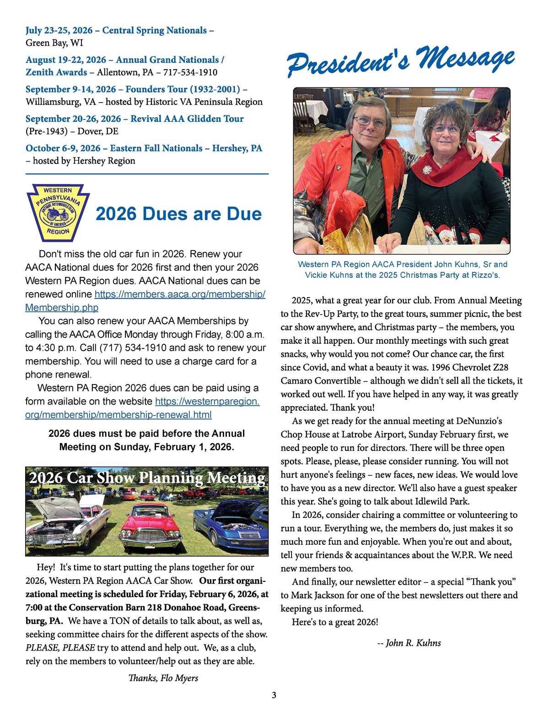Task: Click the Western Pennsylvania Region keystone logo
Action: tap(58, 213)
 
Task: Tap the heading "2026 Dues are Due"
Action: tap(178, 214)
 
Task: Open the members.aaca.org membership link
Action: tap(145, 301)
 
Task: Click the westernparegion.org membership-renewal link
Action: tap(142, 408)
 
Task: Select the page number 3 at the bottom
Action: tap(274, 695)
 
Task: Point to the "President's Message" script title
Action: tap(401, 62)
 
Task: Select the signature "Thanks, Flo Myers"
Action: tap(163, 678)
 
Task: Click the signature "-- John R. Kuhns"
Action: tap(409, 643)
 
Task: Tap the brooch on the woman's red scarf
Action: tap(426, 170)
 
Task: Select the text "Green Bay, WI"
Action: tap(54, 43)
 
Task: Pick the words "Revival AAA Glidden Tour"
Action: tap(187, 119)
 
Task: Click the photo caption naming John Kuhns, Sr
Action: tap(402, 270)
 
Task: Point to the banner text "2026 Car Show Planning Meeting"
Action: tap(147, 478)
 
